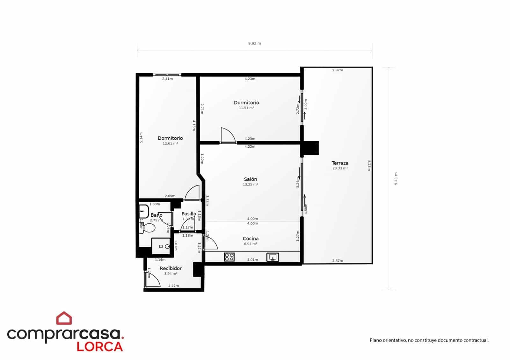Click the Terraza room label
point(340,163)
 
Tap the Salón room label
point(250,179)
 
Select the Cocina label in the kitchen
point(251,238)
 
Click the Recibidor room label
point(171,268)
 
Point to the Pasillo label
point(189,213)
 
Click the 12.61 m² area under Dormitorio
point(170,143)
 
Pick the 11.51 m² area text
point(246,108)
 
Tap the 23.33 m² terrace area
point(340,168)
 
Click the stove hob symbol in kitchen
point(229,257)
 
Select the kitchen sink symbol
point(273,257)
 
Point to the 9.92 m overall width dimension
point(254,43)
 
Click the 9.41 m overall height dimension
point(396,179)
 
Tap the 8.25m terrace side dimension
point(369,165)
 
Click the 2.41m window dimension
point(167,79)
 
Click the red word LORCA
point(99,347)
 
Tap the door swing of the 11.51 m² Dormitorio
point(228,135)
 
